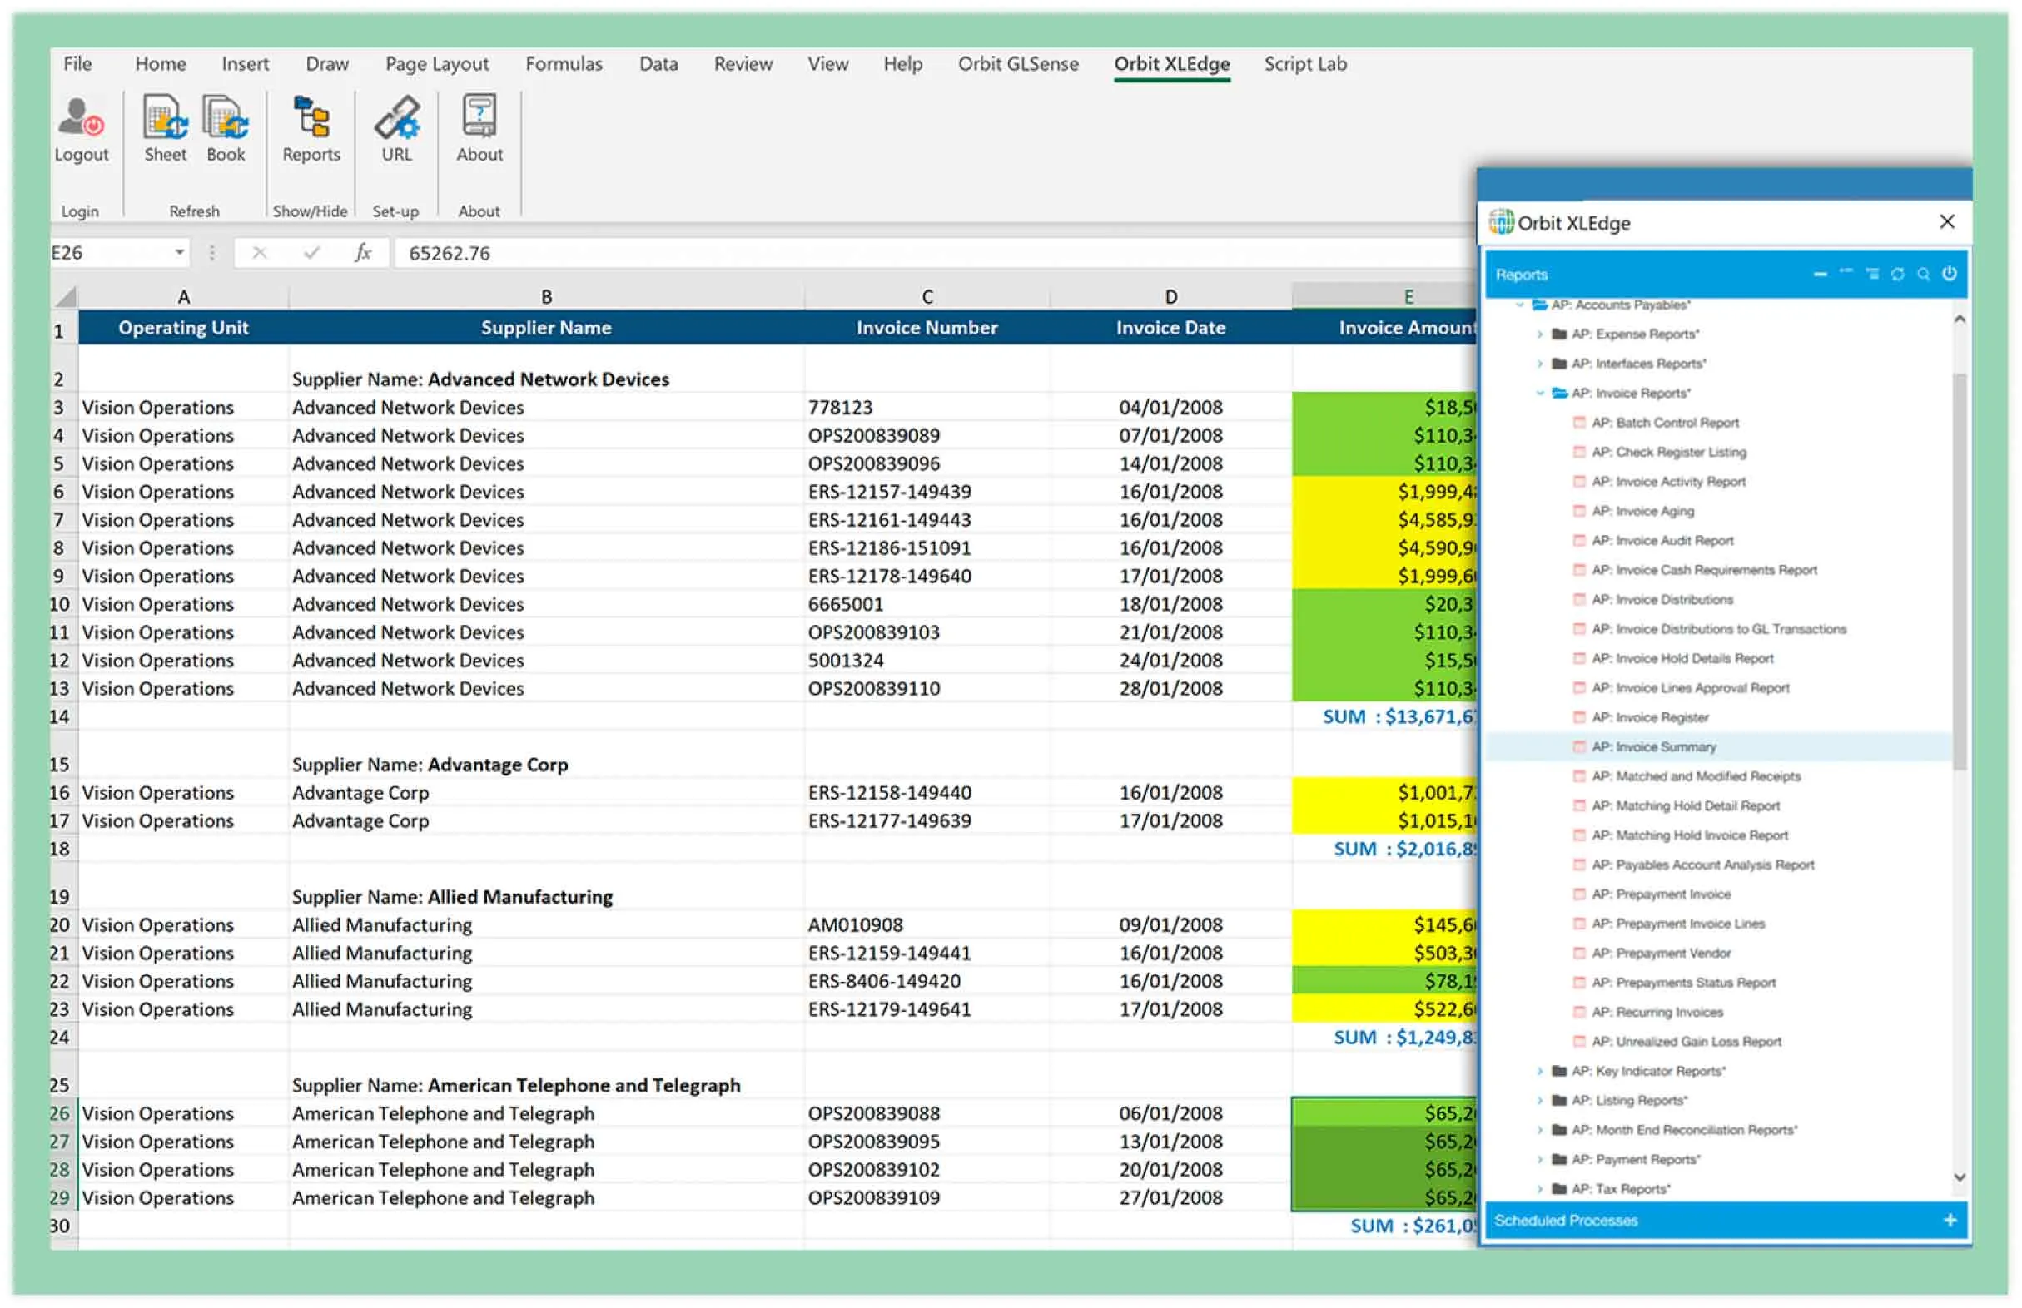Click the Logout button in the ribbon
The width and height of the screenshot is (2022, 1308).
click(82, 129)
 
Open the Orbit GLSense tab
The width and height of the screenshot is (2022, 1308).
click(1018, 64)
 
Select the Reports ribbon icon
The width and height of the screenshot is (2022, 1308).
click(311, 129)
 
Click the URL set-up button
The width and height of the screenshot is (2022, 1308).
click(396, 129)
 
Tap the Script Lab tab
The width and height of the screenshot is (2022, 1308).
click(1305, 64)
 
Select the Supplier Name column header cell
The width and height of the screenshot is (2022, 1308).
click(545, 328)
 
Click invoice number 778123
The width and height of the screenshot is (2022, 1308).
click(840, 408)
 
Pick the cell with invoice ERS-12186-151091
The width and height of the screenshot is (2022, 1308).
click(890, 548)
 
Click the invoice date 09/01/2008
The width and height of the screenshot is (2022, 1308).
click(1170, 925)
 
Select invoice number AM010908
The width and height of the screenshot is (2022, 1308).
click(856, 925)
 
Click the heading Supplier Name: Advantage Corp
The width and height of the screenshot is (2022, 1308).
click(430, 765)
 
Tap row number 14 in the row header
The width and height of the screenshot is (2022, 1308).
click(59, 717)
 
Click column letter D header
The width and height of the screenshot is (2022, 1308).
click(1170, 297)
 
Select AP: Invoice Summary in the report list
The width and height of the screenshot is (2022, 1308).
click(1653, 747)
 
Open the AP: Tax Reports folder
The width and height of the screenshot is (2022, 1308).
click(1620, 1189)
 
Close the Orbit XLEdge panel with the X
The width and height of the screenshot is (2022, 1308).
click(1946, 222)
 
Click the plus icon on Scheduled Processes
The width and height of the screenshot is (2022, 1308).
click(1950, 1221)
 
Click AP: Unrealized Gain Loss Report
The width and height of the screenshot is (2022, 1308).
click(1686, 1041)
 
